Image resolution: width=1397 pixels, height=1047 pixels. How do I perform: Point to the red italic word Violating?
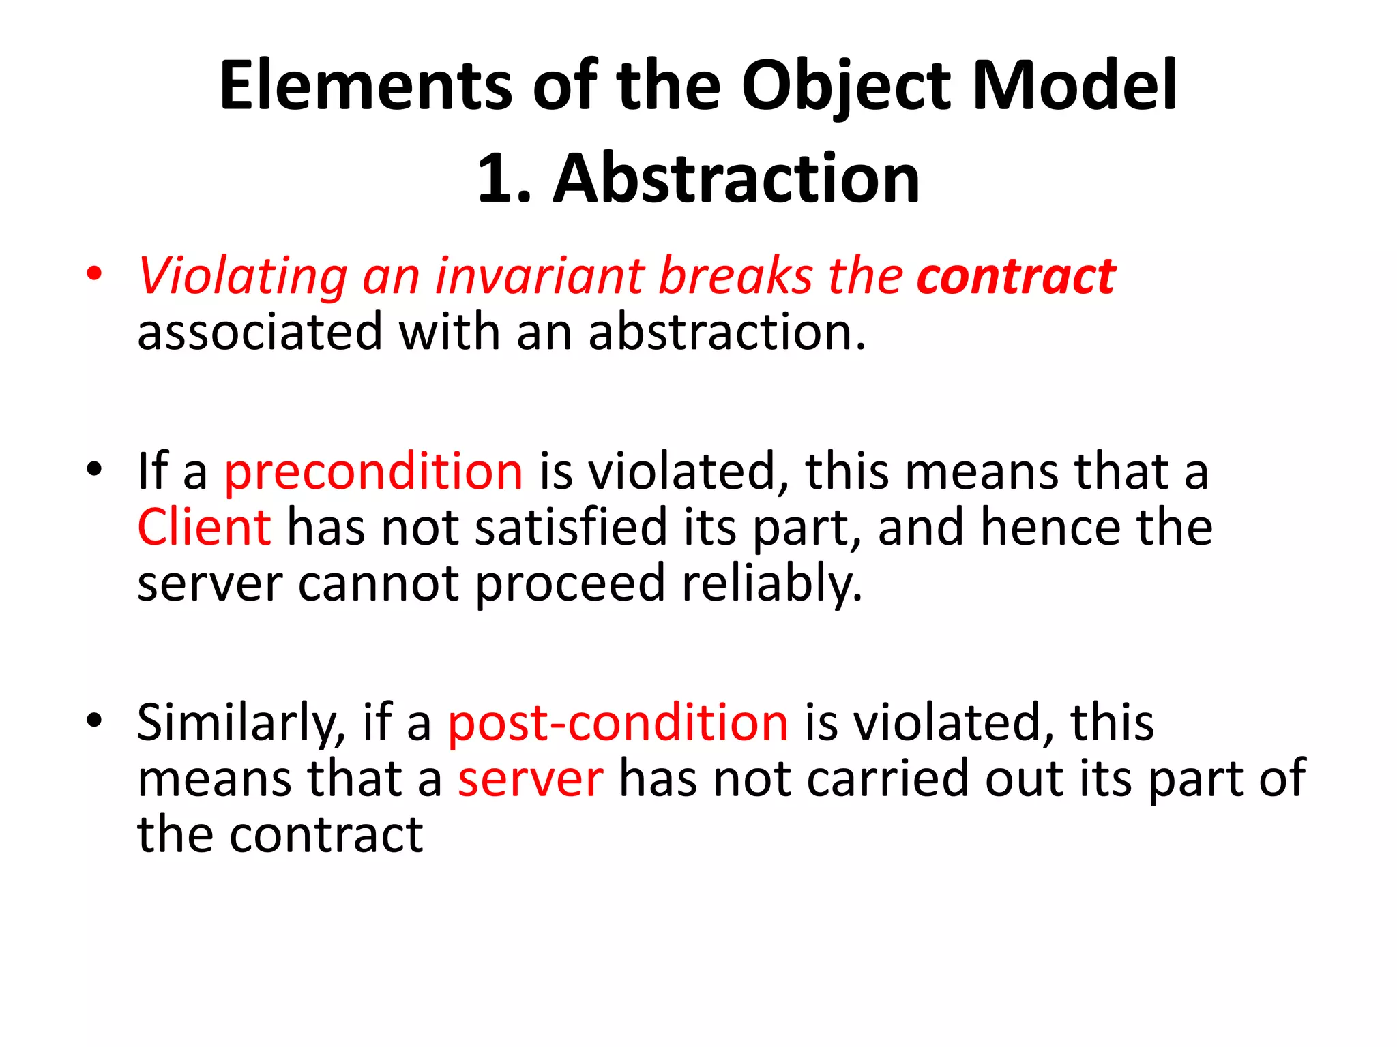point(243,277)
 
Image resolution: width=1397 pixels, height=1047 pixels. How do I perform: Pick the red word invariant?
point(539,277)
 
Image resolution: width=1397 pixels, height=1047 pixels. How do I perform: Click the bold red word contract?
point(1016,277)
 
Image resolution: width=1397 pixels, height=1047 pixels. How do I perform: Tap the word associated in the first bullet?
point(260,333)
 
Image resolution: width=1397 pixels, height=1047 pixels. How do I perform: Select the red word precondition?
point(374,472)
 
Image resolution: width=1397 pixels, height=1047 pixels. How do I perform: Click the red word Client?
point(204,528)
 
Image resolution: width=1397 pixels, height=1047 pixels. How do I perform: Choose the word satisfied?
point(571,528)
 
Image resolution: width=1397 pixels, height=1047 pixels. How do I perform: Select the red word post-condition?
point(617,723)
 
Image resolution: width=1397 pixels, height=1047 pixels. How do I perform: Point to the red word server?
point(530,779)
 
